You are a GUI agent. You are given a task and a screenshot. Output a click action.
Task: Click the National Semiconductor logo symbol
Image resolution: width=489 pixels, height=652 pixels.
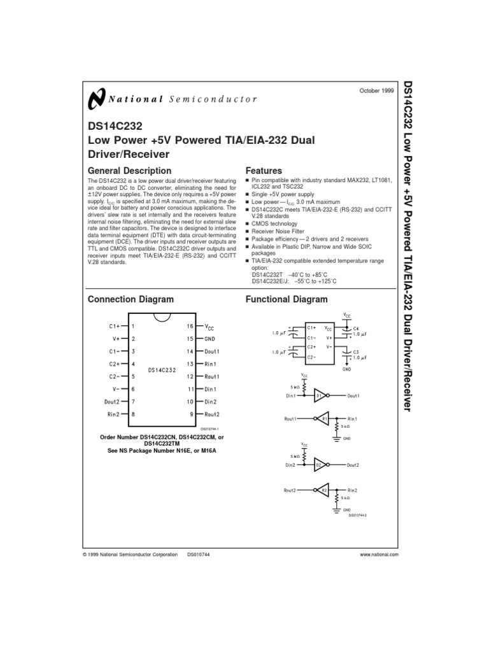pos(96,99)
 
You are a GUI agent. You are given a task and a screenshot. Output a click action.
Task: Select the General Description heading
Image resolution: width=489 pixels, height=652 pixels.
pos(129,171)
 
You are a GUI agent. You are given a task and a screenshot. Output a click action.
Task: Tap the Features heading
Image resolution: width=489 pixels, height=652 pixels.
pos(264,171)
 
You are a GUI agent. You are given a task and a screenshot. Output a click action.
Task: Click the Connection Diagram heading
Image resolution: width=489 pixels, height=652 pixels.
pos(131,299)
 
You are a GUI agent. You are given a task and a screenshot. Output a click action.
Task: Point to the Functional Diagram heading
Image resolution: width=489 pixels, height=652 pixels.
pos(287,299)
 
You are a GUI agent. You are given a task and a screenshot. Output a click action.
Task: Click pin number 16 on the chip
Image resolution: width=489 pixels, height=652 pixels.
pos(190,326)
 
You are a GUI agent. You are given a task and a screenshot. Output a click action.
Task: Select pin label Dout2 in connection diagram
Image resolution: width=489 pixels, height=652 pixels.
pos(112,402)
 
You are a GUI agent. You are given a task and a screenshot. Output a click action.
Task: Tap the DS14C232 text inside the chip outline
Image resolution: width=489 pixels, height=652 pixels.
pos(161,369)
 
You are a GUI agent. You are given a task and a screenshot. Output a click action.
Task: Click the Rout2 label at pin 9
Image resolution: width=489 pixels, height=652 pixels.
pos(212,415)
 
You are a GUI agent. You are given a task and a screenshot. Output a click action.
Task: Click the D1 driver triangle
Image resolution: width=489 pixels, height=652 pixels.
pos(320,395)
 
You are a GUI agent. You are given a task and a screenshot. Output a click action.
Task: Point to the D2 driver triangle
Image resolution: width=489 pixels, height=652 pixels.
pos(320,465)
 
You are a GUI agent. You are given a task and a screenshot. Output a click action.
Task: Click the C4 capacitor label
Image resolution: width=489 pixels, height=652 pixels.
pos(356,328)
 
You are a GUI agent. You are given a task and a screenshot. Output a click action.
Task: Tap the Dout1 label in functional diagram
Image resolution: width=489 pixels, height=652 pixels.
pos(354,395)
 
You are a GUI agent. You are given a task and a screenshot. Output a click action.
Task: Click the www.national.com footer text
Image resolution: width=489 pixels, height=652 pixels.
pos(379,555)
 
